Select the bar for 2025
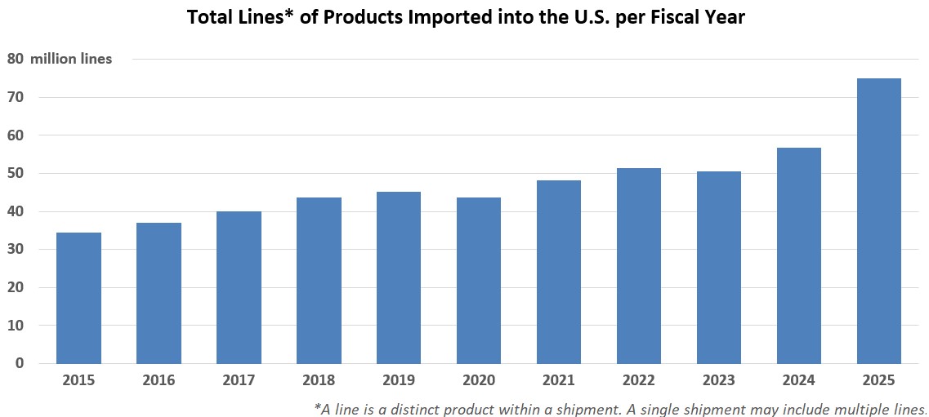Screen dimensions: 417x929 [878, 221]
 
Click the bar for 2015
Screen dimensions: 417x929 [78, 298]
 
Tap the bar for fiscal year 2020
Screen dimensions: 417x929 [479, 281]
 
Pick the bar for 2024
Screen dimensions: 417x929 [798, 255]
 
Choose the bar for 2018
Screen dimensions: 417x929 [319, 281]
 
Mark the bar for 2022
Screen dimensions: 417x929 [638, 266]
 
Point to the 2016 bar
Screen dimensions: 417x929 [159, 293]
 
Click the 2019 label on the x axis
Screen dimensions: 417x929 [399, 380]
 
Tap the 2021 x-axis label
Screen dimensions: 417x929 [559, 380]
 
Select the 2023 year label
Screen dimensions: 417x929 [719, 380]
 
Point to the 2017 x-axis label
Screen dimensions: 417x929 [239, 380]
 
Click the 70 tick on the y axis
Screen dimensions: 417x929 [16, 97]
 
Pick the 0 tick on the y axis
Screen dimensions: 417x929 [20, 363]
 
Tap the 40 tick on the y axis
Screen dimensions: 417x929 [16, 211]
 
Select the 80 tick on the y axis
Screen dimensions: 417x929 [16, 59]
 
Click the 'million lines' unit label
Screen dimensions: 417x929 [71, 59]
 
